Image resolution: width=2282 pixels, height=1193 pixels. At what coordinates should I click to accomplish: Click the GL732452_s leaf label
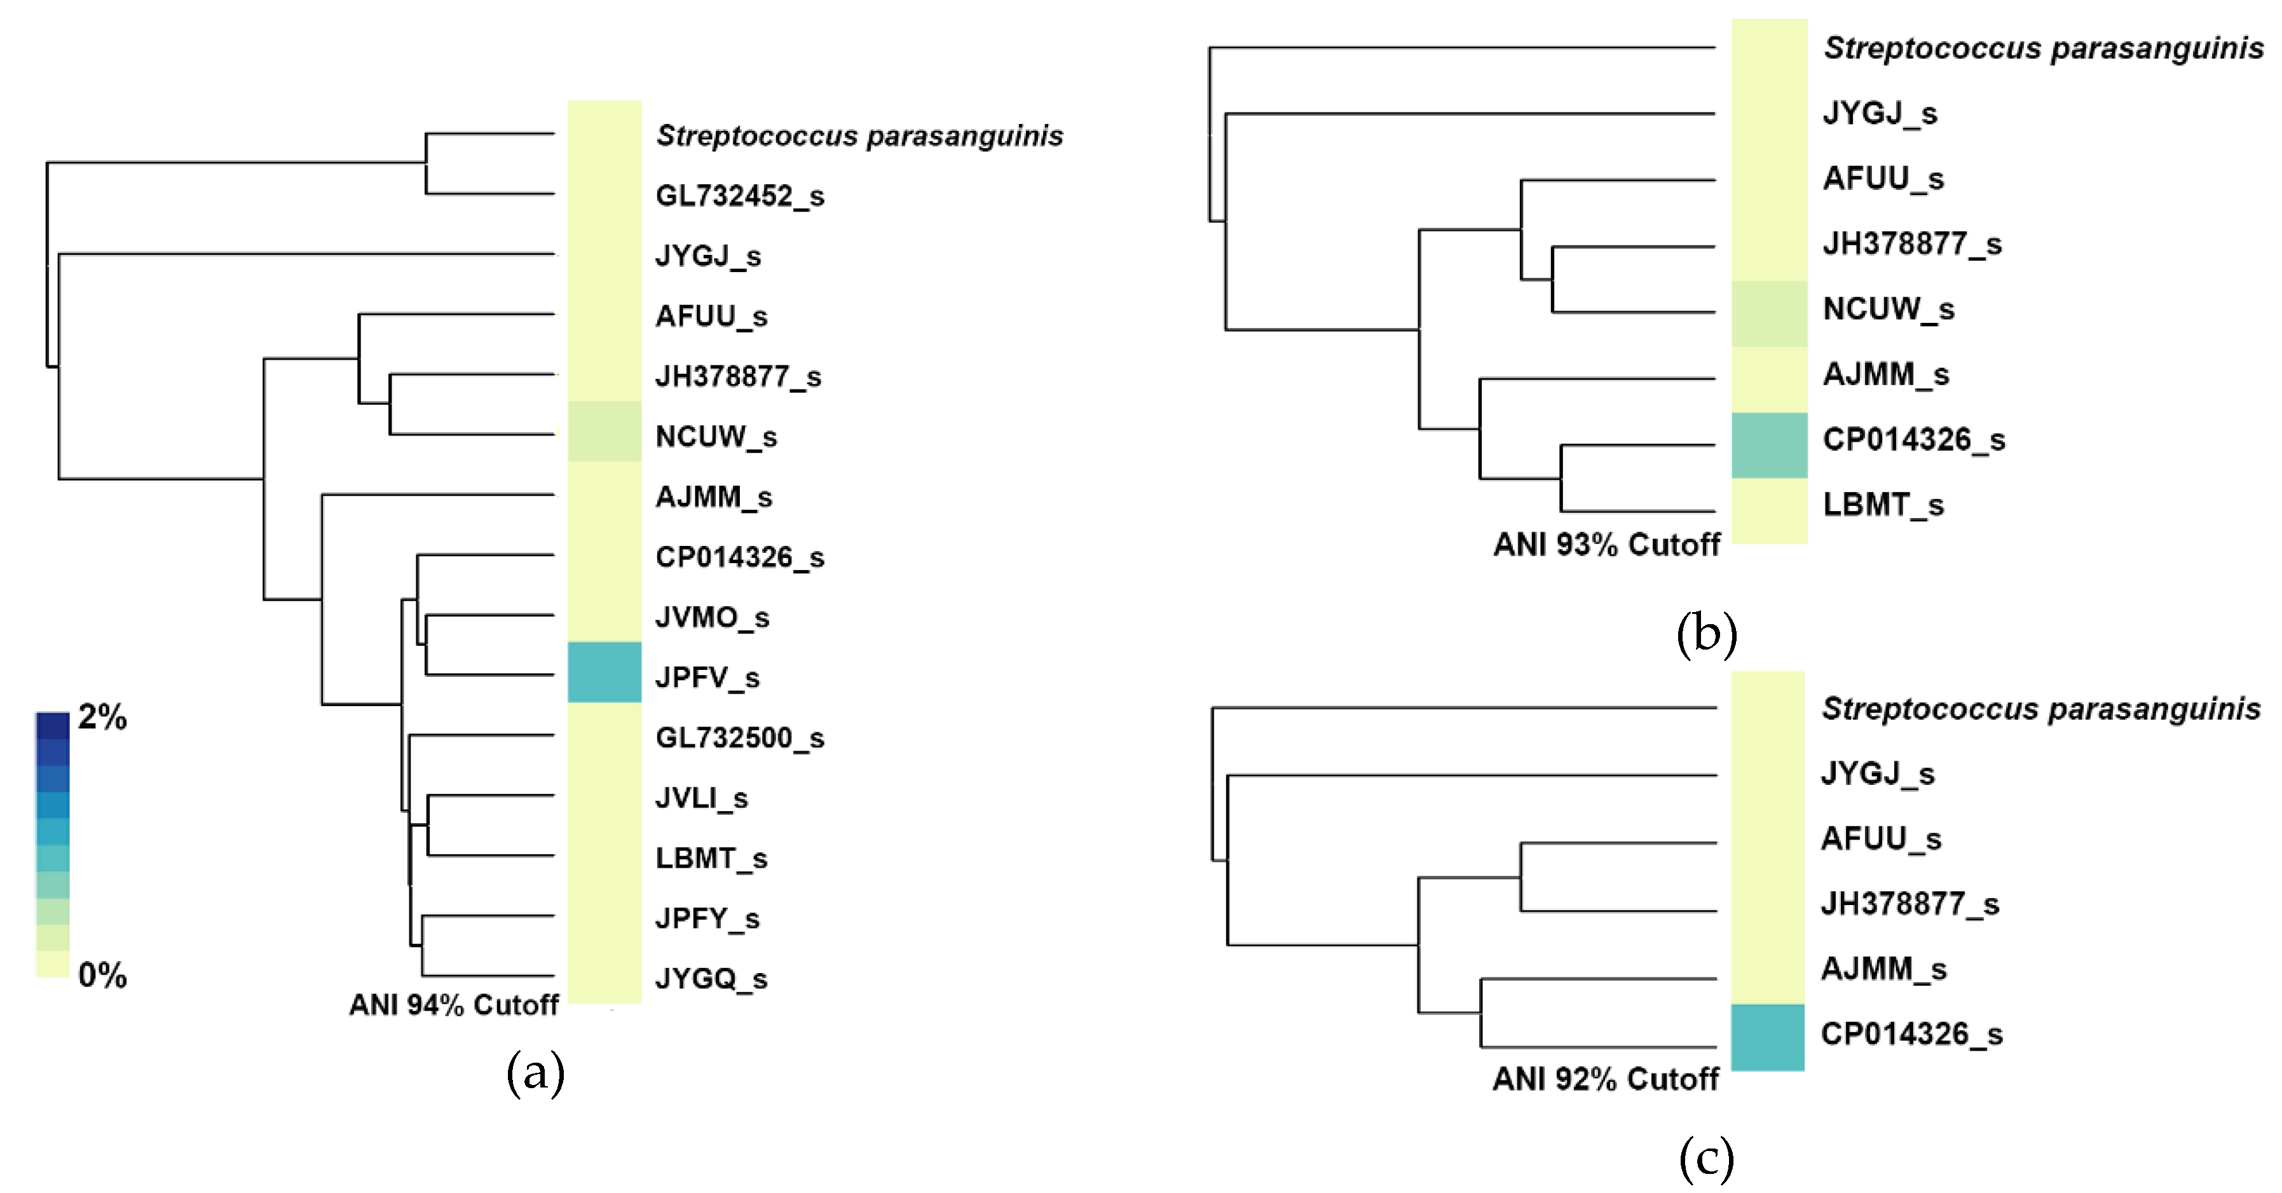click(x=740, y=196)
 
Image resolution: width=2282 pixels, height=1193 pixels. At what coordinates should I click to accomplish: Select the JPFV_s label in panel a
click(x=707, y=678)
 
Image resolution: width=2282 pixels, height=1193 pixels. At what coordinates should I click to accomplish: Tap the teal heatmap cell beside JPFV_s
click(x=604, y=672)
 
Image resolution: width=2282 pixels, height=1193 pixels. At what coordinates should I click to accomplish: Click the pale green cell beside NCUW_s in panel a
click(x=604, y=432)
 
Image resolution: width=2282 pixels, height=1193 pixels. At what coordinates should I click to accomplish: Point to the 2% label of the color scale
click(x=102, y=716)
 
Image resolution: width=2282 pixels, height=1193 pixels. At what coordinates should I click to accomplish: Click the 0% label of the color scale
click(x=102, y=975)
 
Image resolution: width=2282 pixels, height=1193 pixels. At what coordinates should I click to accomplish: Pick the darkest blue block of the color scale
click(x=52, y=725)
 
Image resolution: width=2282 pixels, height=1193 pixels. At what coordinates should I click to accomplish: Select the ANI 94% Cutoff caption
click(x=454, y=1004)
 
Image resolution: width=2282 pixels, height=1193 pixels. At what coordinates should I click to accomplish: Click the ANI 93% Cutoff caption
click(x=1606, y=544)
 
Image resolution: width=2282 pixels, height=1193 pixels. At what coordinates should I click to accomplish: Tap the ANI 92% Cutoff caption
click(x=1605, y=1079)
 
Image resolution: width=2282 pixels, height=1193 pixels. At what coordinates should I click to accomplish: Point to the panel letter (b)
click(x=1706, y=634)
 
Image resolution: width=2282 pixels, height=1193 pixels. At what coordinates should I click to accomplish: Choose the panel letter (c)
click(x=1706, y=1159)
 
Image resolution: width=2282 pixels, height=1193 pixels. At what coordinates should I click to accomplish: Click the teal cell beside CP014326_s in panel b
click(x=1769, y=446)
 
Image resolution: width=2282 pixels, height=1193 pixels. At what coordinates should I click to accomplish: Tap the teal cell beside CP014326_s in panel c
click(x=1767, y=1037)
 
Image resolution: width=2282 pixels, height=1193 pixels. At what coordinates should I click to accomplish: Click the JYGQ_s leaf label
click(x=711, y=979)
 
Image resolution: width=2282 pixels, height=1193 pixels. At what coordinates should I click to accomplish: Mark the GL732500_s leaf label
click(x=740, y=738)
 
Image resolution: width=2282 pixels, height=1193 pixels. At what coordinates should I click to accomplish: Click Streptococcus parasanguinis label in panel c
click(x=2041, y=709)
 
